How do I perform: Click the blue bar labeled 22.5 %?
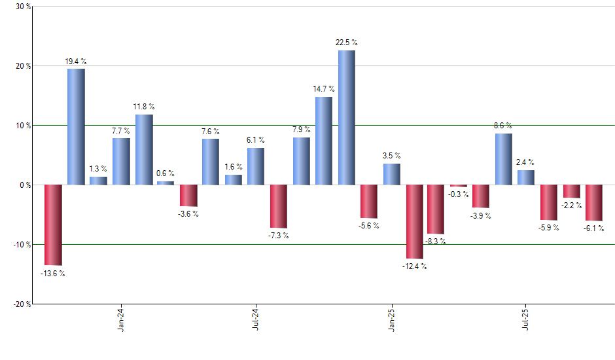click(x=347, y=118)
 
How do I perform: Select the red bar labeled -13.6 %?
click(x=53, y=225)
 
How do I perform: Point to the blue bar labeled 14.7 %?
click(x=324, y=141)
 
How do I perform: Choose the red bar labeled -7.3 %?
click(x=279, y=206)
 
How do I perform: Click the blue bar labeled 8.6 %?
click(x=504, y=159)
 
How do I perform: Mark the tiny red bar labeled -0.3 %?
click(x=459, y=186)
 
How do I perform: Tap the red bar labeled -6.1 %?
click(x=594, y=203)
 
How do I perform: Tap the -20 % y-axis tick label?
click(x=21, y=304)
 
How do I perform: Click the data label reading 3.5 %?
click(x=392, y=156)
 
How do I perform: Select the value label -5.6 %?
click(x=369, y=226)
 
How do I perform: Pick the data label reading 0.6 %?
click(x=166, y=173)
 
